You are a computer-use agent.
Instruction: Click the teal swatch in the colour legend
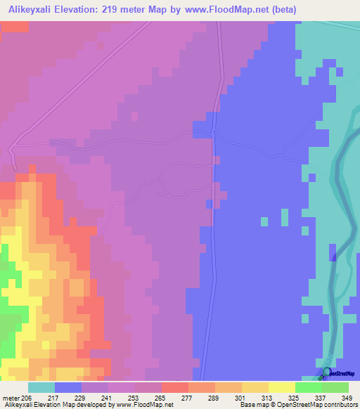pyautogui.click(x=41, y=387)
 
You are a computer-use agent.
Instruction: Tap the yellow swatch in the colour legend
pyautogui.click(x=282, y=387)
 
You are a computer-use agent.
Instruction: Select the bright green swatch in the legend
pyautogui.click(x=309, y=387)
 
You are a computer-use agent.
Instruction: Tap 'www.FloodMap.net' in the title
pyautogui.click(x=226, y=10)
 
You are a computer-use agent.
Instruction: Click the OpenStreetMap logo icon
pyautogui.click(x=327, y=372)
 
